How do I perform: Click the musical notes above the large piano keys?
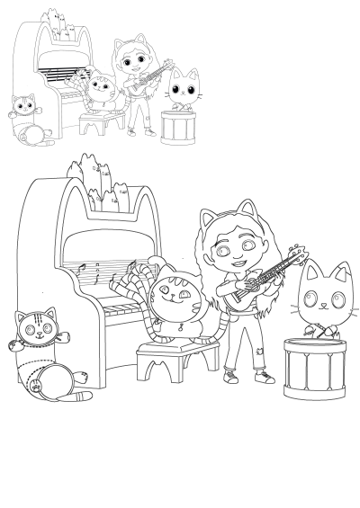(90, 270)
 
